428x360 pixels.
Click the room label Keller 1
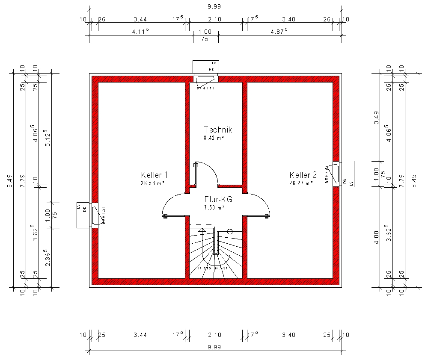(154, 175)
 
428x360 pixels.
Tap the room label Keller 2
(303, 175)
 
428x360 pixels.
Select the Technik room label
(218, 130)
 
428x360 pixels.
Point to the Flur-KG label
(218, 200)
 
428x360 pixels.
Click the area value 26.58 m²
(153, 183)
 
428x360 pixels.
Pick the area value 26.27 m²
(301, 183)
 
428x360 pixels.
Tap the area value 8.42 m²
(214, 138)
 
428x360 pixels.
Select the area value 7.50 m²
(214, 208)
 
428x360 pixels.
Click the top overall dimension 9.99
(214, 6)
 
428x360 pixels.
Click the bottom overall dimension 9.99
(214, 348)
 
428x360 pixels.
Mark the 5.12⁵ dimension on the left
(48, 138)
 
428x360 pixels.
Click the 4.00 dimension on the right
(376, 237)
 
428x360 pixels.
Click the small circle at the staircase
(230, 232)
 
